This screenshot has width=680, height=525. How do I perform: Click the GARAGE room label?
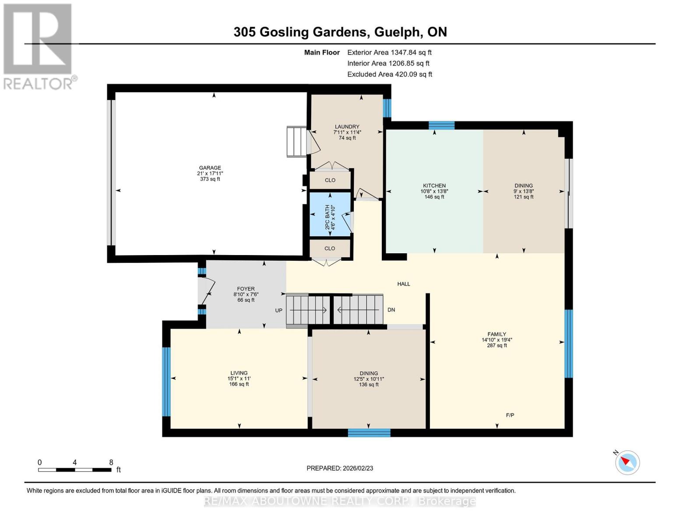[x=210, y=168]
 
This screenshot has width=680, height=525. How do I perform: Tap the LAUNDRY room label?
[x=347, y=127]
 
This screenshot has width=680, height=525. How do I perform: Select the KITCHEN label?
[x=434, y=186]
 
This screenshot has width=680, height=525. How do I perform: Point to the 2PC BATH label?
[x=327, y=217]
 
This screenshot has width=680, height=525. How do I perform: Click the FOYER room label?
[x=246, y=289]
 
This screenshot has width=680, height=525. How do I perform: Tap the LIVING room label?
[x=239, y=373]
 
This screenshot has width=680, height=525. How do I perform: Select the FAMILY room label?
[x=497, y=334]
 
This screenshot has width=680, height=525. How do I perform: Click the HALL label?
[x=403, y=284]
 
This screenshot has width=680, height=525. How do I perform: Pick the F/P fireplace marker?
[x=510, y=415]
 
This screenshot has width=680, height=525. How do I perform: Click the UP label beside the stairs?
[x=278, y=311]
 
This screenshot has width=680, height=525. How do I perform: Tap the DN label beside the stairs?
[x=391, y=310]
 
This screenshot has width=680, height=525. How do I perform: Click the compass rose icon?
[x=627, y=462]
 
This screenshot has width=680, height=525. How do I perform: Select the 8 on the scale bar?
[x=111, y=462]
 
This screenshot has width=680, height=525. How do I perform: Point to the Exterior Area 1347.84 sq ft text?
[x=389, y=52]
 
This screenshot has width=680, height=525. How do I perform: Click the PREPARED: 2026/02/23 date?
[x=340, y=468]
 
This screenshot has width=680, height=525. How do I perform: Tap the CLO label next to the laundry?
[x=330, y=180]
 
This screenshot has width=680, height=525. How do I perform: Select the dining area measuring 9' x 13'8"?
[x=523, y=191]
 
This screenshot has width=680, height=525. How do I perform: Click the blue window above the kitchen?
[x=441, y=126]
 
